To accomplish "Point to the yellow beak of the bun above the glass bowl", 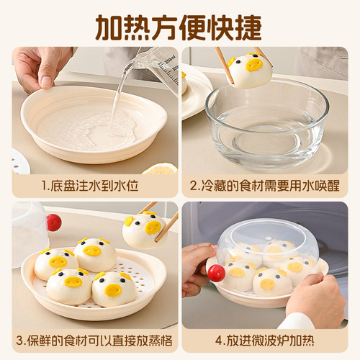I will tap(253, 66).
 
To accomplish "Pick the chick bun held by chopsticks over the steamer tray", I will tap(143, 229).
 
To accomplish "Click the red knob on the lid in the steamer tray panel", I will tap(53, 222).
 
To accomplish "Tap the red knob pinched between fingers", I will tap(216, 273).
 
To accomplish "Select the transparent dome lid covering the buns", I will tap(266, 241).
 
